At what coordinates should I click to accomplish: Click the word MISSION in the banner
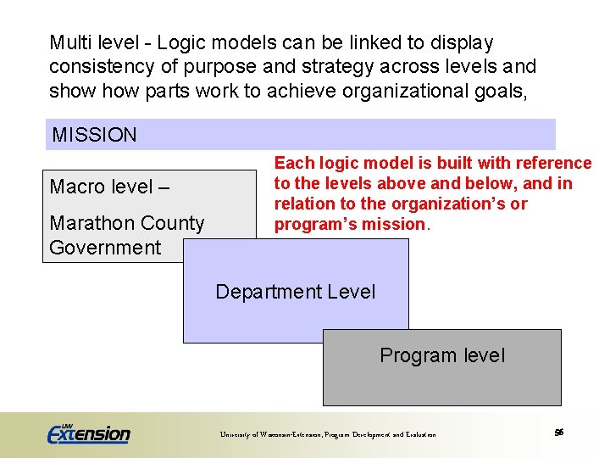pyautogui.click(x=94, y=135)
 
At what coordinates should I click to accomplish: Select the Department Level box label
pyautogui.click(x=295, y=292)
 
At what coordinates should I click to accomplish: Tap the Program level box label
pyautogui.click(x=441, y=355)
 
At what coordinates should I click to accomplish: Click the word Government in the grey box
pyautogui.click(x=105, y=248)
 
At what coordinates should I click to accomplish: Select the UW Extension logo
pyautogui.click(x=88, y=433)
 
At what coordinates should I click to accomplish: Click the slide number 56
pyautogui.click(x=559, y=433)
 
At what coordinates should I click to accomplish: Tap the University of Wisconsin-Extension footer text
pyautogui.click(x=328, y=434)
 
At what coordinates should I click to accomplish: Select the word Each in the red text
pyautogui.click(x=292, y=163)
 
